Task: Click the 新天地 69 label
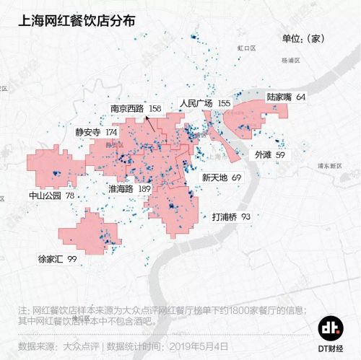(221, 177)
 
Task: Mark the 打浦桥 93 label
(231, 216)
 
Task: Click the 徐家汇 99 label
(62, 258)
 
